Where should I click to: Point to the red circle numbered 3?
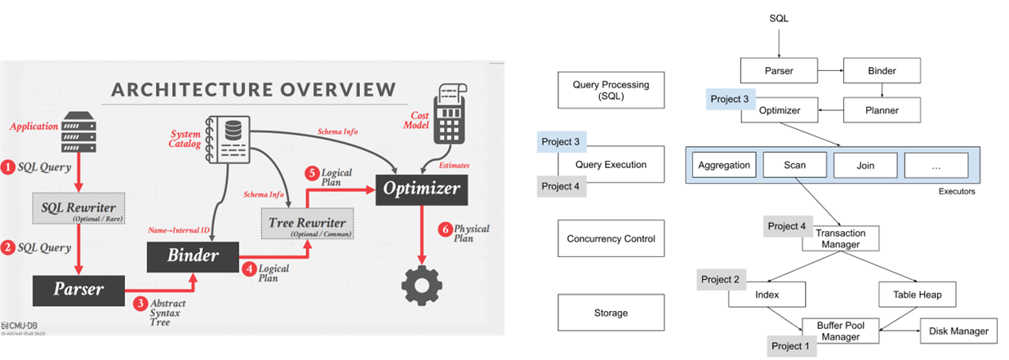point(140,304)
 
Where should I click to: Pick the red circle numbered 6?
point(444,230)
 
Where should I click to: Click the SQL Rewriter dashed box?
point(74,208)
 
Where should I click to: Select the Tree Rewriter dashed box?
point(308,223)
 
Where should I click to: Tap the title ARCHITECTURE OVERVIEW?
point(254,89)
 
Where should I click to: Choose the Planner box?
point(881,110)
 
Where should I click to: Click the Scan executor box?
point(794,165)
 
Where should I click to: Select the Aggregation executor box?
point(723,165)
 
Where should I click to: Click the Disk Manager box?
point(958,331)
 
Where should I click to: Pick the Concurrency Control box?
point(611,239)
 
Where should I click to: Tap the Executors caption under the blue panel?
point(956,192)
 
